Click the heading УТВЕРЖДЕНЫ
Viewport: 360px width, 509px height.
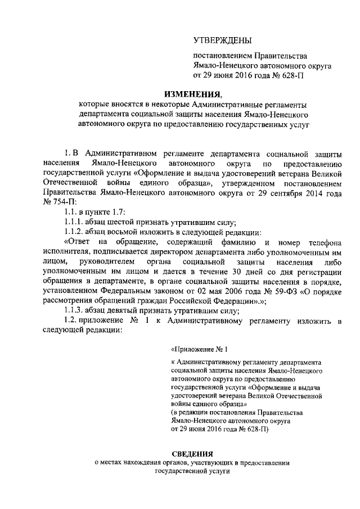(223, 40)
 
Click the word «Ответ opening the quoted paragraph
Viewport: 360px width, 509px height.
(77, 242)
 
